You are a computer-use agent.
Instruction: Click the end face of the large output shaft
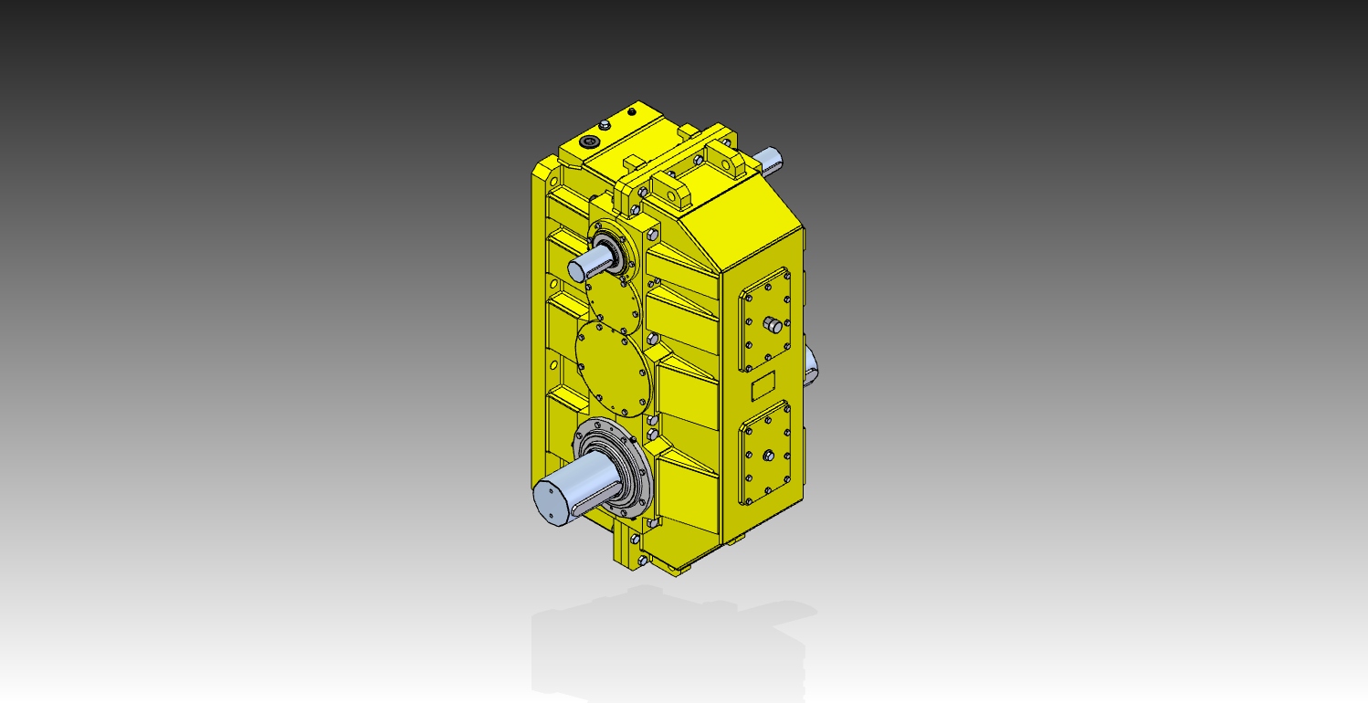click(x=552, y=503)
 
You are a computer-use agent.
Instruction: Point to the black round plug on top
click(x=589, y=142)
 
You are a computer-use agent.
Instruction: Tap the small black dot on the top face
click(x=631, y=112)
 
